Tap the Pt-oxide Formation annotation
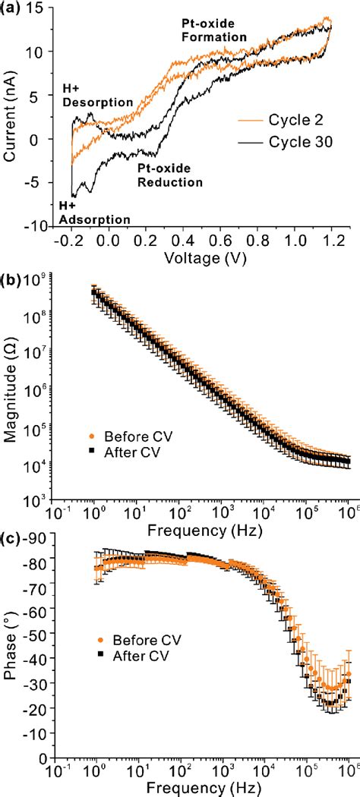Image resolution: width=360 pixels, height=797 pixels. (x=213, y=30)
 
